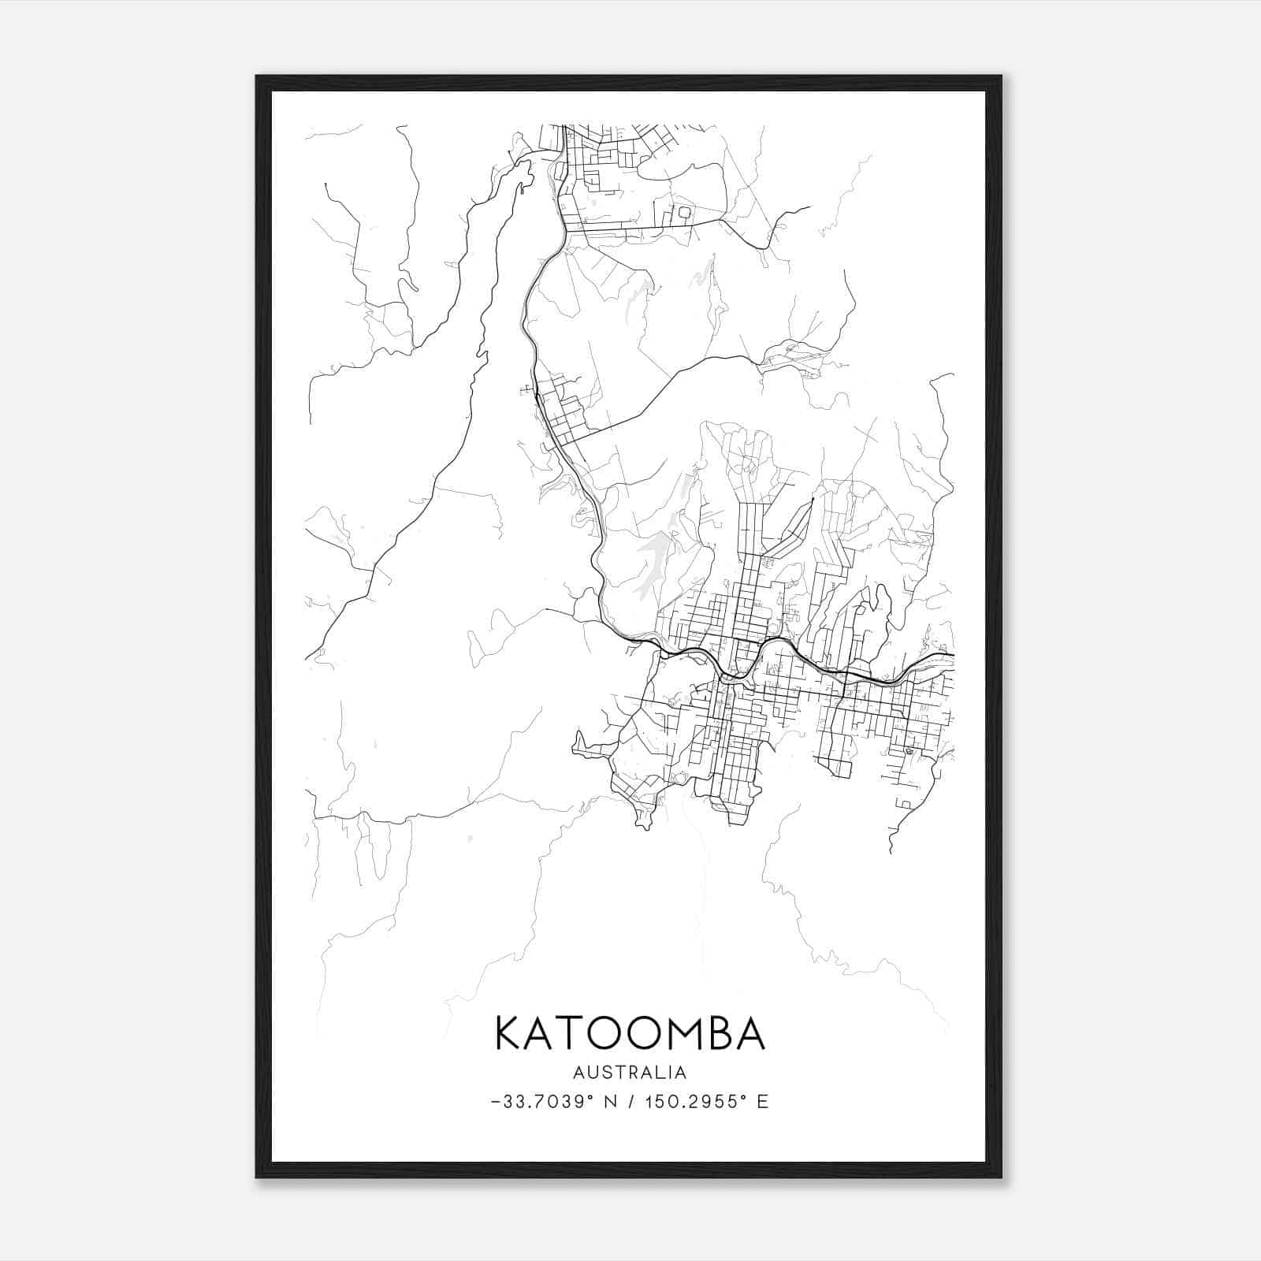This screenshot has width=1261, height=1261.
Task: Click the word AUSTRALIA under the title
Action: (x=630, y=1073)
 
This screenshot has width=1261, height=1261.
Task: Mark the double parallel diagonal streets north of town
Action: (x=791, y=529)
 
